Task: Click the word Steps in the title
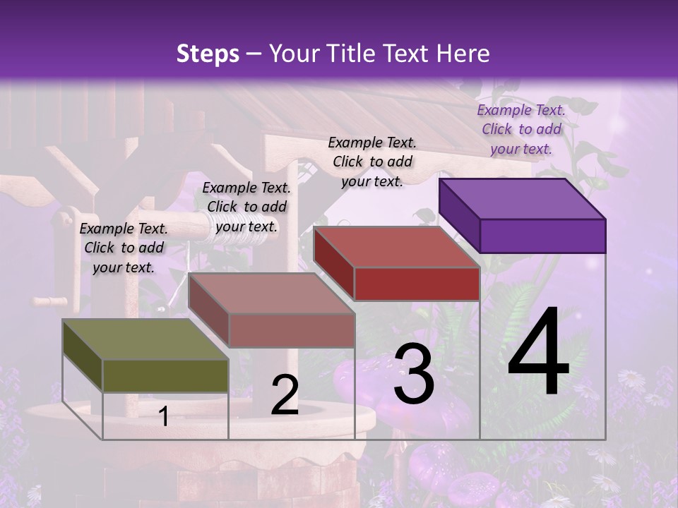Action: tap(208, 54)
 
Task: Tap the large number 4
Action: tap(538, 353)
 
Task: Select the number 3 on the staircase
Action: tap(414, 374)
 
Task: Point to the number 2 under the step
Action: tap(285, 395)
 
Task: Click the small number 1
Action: tap(164, 416)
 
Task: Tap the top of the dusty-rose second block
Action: tap(271, 293)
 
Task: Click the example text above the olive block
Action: tap(124, 248)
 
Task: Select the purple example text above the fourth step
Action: tap(521, 129)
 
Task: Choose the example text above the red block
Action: tap(372, 162)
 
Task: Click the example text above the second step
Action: tap(246, 207)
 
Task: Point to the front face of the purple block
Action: tap(542, 236)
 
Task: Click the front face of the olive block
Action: tap(165, 375)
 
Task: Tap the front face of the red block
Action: tap(417, 284)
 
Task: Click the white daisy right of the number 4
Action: tap(632, 380)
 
